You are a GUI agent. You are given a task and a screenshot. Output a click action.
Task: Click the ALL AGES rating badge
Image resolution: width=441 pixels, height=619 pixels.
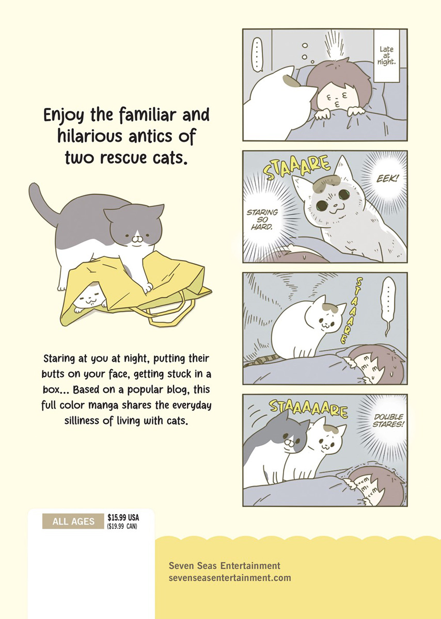pos(73,521)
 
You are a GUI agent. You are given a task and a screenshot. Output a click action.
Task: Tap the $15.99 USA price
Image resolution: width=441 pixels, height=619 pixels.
pos(123,517)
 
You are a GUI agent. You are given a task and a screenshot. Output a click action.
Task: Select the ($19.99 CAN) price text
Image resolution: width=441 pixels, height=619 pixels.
pos(122,526)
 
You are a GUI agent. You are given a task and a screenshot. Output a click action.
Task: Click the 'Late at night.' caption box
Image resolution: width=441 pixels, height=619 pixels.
pos(386,56)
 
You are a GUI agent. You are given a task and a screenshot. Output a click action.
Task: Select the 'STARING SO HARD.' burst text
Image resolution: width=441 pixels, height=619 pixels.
pos(262,220)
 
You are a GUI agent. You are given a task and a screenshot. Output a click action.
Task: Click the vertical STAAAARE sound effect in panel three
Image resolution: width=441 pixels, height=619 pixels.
pos(351,311)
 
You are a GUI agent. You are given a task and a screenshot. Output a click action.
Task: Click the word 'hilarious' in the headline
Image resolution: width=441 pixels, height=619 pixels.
pos(89,136)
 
